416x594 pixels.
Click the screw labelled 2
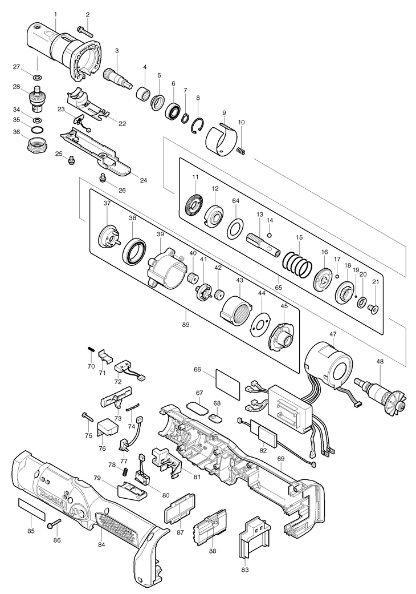pos(85,30)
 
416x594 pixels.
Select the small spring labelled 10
pos(241,151)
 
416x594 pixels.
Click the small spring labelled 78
pos(126,473)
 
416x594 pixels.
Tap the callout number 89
pos(185,325)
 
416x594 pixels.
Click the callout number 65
pos(279,288)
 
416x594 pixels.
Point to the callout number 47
pos(333,334)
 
